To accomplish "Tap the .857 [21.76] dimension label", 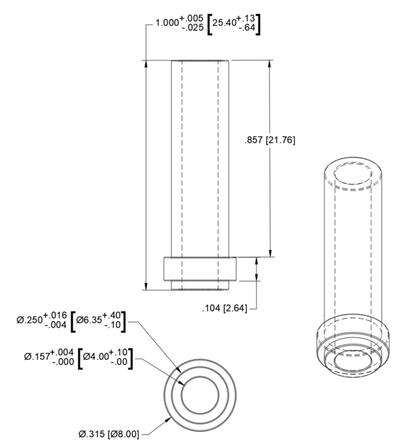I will (x=271, y=140).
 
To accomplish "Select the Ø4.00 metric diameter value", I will (x=95, y=357).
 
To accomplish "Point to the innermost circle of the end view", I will (x=202, y=395).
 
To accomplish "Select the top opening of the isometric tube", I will (x=354, y=172).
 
